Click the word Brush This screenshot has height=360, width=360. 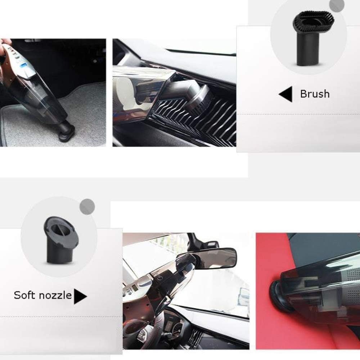click(x=315, y=94)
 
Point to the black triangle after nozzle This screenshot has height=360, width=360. click(x=80, y=296)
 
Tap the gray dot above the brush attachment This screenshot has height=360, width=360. click(x=337, y=5)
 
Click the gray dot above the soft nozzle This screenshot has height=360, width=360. click(x=87, y=206)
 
